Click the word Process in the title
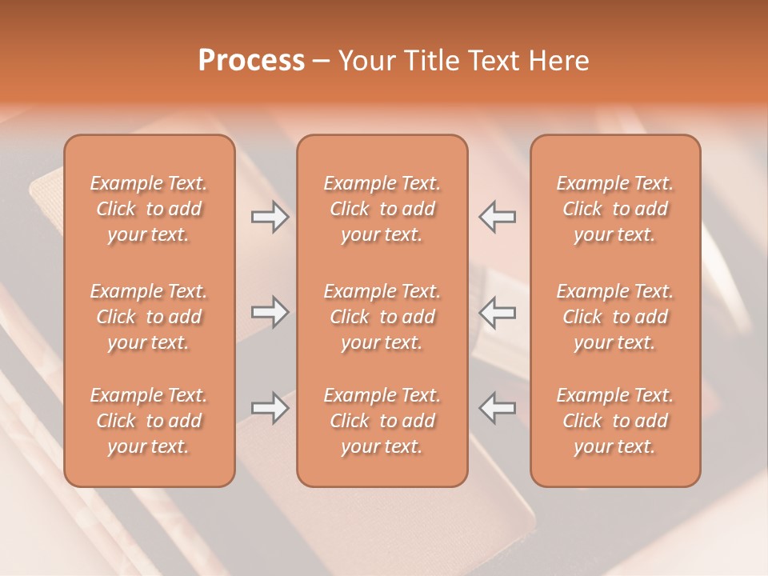tap(251, 60)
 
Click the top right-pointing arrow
tap(270, 217)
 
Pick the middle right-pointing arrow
tap(270, 312)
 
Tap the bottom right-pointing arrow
tap(270, 408)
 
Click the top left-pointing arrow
tap(498, 217)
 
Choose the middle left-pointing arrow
tap(498, 312)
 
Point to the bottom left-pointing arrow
tap(498, 408)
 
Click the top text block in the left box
tap(149, 209)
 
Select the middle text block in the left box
tap(149, 317)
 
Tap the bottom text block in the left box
tap(149, 421)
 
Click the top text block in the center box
tap(382, 209)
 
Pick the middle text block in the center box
tap(382, 317)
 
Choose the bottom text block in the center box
tap(382, 421)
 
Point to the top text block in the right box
tap(614, 209)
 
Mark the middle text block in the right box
tap(614, 317)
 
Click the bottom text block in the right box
tap(614, 421)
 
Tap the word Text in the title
tap(493, 60)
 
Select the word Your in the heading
tap(364, 60)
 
